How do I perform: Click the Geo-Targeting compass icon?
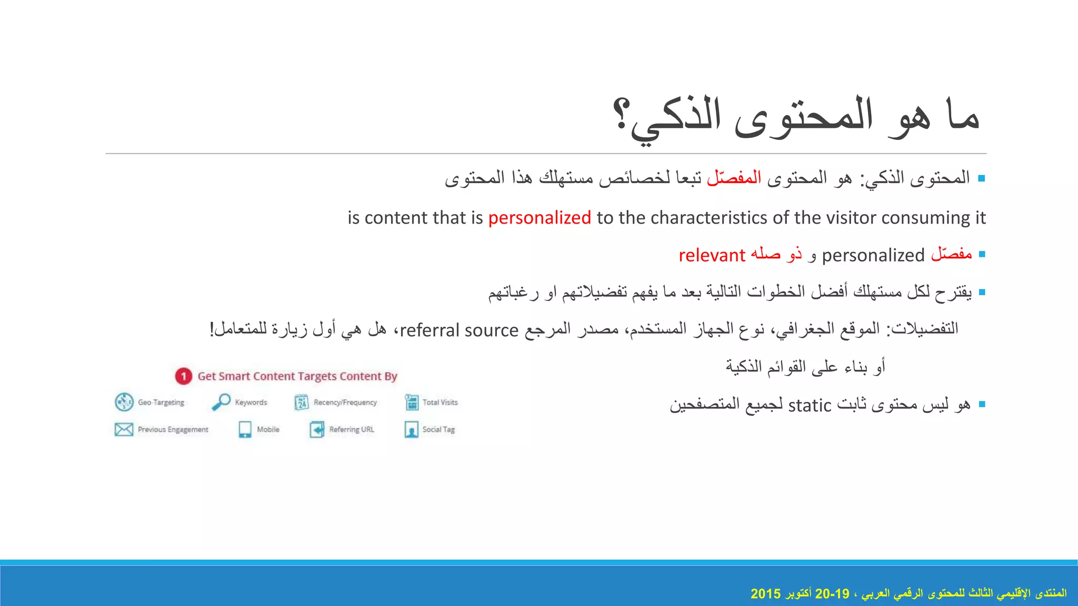[124, 402]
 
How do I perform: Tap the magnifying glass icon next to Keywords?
[221, 402]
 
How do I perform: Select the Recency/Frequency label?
[345, 402]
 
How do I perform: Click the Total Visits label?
[440, 402]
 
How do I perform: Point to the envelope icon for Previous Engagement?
[124, 429]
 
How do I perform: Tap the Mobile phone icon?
[245, 429]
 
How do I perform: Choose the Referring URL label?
[352, 429]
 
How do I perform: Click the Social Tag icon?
[411, 429]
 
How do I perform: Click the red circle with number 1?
[183, 376]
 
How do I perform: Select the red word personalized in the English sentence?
[540, 218]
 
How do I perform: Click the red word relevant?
[712, 255]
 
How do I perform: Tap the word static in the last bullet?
[810, 406]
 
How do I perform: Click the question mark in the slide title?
[622, 115]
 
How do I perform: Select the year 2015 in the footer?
[765, 594]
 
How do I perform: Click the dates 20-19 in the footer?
[832, 594]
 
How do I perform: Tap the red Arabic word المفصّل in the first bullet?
[734, 178]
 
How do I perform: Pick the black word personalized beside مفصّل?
[873, 255]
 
